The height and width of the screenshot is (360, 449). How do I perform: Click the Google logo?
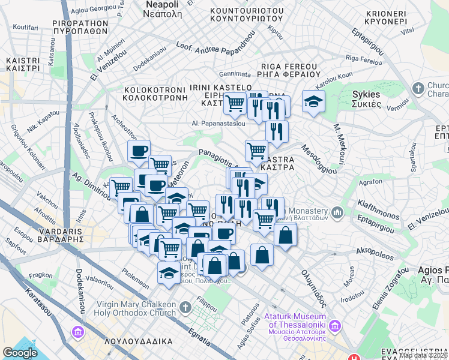20,353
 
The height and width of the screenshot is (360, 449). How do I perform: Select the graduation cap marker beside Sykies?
313,101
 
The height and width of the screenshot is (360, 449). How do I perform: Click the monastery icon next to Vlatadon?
337,212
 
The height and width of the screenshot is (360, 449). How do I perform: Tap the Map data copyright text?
423,355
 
